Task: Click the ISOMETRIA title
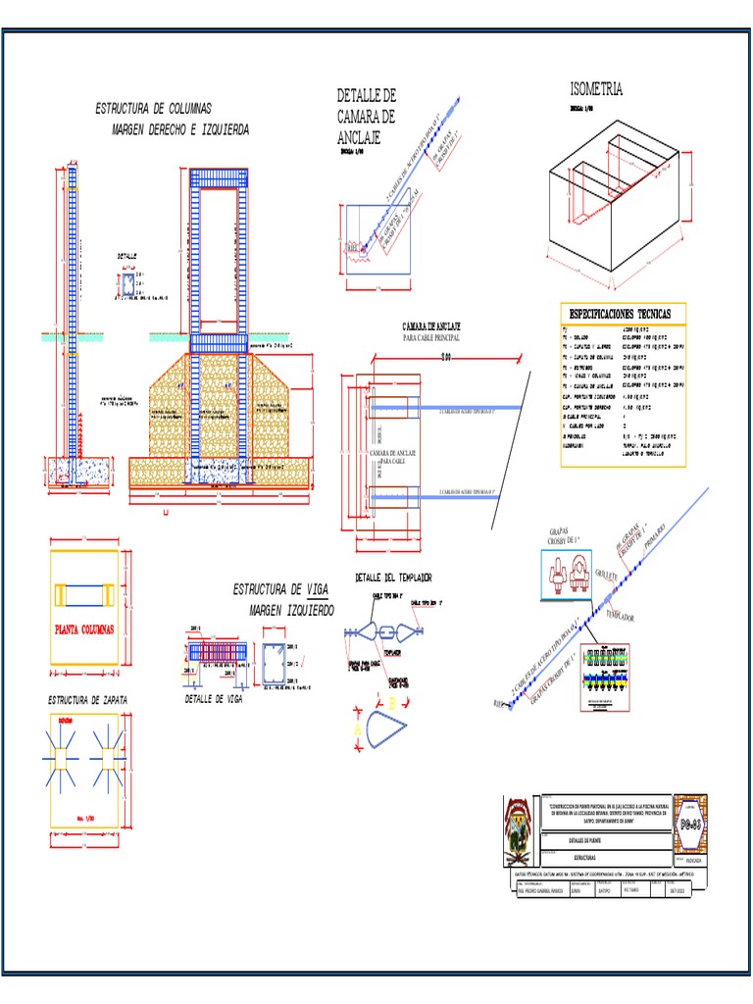[589, 90]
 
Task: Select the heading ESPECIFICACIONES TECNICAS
[623, 313]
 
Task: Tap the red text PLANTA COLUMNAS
[84, 628]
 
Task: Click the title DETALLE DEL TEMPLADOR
[393, 578]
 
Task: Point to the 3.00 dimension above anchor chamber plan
[446, 356]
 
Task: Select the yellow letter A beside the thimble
[357, 728]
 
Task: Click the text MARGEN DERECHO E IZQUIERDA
[180, 129]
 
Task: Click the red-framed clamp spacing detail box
[606, 675]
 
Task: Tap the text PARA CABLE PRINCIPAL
[431, 336]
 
